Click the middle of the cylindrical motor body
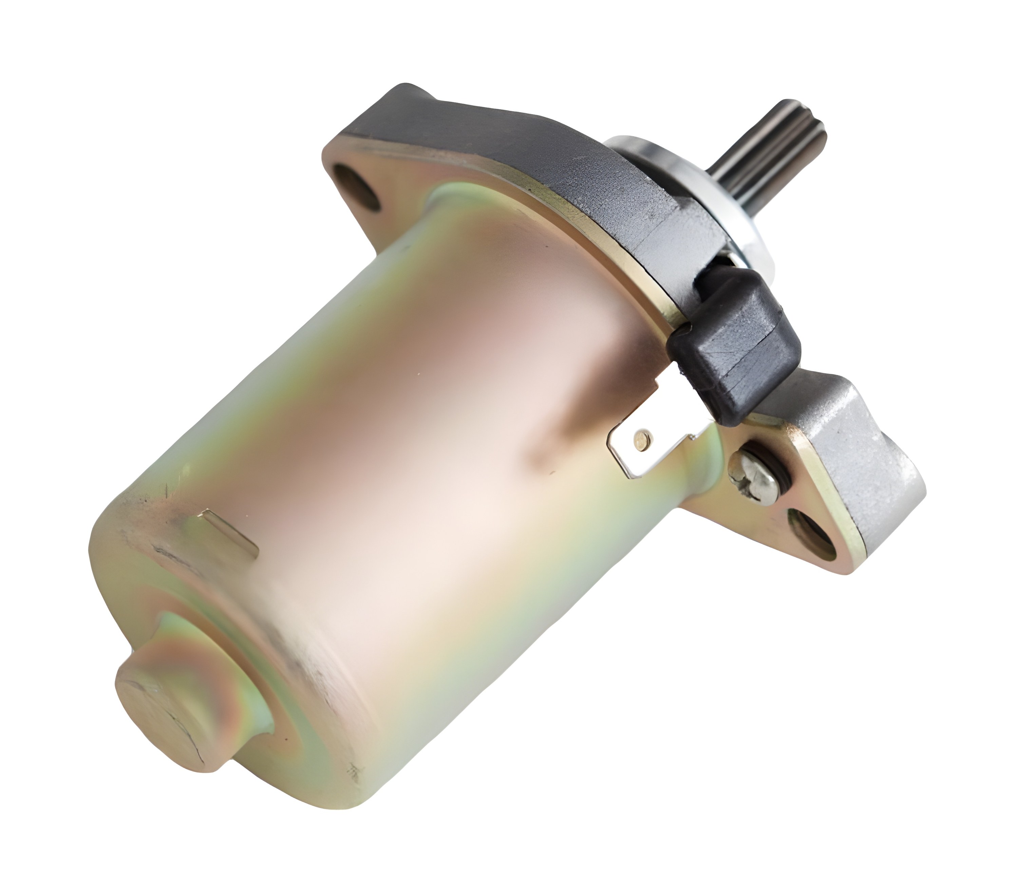point(422,447)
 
